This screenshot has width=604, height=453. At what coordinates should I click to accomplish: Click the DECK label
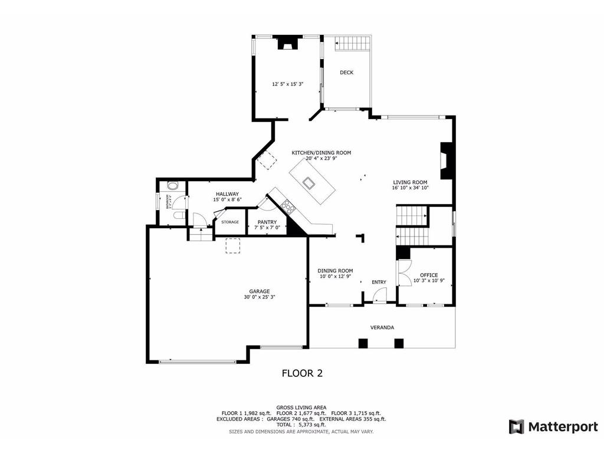tap(346, 73)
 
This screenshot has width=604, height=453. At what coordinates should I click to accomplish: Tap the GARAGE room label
tap(259, 291)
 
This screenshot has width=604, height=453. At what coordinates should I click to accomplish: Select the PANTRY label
tap(267, 222)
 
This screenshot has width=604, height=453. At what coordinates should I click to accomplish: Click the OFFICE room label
tap(429, 275)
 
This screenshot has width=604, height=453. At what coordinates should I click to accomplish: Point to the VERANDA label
tap(382, 327)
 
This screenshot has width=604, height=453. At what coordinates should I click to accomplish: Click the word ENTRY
tap(379, 282)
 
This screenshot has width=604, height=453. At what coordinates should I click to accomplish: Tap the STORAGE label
tap(230, 222)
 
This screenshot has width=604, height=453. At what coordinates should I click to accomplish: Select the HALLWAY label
tap(227, 194)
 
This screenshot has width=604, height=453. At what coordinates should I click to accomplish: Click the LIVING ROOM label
tap(410, 182)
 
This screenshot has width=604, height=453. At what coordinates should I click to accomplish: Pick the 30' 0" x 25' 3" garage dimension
tap(259, 297)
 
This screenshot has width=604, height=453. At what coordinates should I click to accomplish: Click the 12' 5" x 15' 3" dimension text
tap(287, 84)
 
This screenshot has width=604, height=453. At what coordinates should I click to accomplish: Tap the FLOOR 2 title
tap(301, 373)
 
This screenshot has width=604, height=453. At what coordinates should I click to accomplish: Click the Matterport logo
tap(553, 426)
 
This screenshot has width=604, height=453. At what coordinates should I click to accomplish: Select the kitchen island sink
tap(308, 182)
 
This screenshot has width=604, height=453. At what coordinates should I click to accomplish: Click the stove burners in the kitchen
tap(288, 206)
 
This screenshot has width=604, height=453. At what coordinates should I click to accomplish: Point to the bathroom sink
tap(172, 185)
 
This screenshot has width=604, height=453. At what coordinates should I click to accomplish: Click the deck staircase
tap(353, 44)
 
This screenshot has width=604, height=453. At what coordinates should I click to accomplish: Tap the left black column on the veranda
tap(363, 343)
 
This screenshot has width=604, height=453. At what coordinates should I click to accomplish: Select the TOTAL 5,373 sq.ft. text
tap(301, 425)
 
